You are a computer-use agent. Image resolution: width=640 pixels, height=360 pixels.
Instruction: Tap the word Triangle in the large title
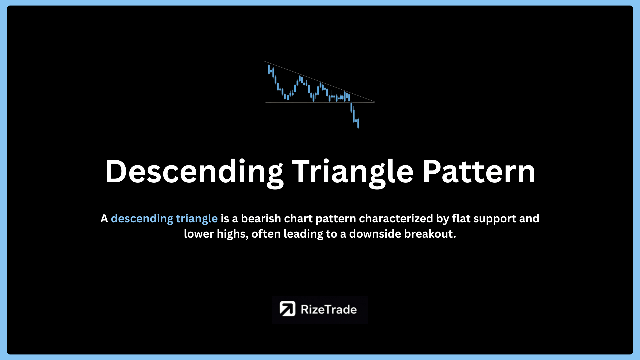click(353, 172)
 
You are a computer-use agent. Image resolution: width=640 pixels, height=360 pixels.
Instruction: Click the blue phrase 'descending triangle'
click(164, 219)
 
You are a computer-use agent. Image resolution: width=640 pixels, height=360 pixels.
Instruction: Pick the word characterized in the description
click(396, 219)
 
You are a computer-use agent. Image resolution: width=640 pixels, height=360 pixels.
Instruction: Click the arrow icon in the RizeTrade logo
click(287, 309)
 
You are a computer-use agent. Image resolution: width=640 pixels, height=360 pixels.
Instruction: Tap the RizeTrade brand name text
click(329, 310)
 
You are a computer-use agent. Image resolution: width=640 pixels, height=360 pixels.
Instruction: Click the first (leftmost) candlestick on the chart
click(269, 69)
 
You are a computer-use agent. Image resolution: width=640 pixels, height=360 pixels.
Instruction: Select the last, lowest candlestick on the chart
click(358, 123)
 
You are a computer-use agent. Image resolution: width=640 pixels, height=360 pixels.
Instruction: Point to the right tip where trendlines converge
click(374, 102)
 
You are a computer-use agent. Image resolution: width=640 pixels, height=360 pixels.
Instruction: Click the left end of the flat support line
click(266, 102)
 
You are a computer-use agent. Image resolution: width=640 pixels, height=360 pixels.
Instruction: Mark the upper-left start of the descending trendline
click(264, 61)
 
